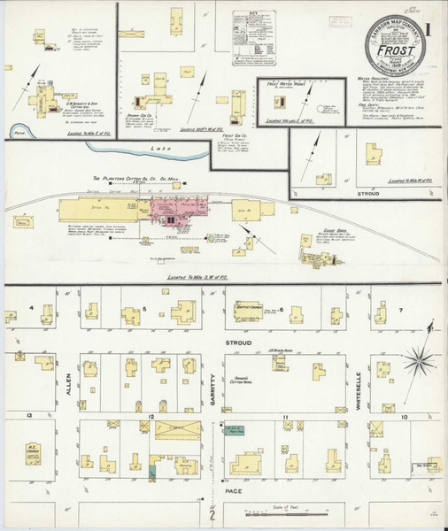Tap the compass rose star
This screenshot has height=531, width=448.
pos(420,360)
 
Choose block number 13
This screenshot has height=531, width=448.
pos(29,415)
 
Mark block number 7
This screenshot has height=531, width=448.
pos(400,310)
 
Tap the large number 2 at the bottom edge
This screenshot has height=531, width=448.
pos(212,516)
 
